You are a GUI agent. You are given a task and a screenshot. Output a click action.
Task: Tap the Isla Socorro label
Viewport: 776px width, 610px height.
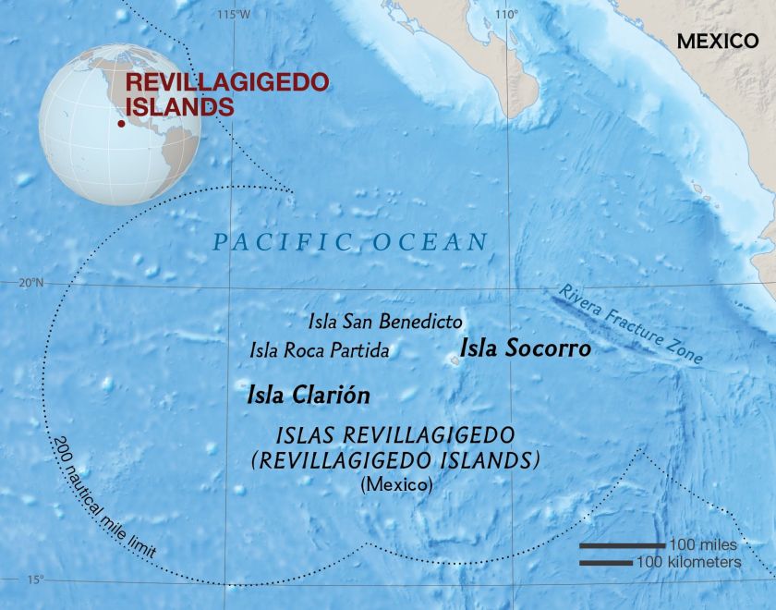525,349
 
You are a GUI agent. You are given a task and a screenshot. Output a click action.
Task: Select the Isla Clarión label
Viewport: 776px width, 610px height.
309,396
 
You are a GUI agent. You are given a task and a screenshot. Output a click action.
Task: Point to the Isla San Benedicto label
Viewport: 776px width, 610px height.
384,322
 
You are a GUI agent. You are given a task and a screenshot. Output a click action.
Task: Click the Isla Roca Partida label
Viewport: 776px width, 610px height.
319,350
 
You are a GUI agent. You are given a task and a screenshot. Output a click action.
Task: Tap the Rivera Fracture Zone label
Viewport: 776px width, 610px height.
632,324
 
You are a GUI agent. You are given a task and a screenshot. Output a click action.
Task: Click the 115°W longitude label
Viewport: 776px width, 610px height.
233,14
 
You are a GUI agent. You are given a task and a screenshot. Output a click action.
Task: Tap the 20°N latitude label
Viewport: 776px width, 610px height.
30,284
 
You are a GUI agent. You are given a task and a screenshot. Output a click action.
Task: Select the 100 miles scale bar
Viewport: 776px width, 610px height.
621,545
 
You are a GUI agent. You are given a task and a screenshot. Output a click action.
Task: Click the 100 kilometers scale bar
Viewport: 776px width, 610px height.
606,561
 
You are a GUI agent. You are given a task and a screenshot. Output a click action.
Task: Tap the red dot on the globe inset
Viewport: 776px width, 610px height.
120,123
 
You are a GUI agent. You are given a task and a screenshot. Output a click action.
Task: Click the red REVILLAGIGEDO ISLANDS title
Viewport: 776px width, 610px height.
226,93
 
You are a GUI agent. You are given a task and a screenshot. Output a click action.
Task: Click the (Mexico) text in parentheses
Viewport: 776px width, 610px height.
396,483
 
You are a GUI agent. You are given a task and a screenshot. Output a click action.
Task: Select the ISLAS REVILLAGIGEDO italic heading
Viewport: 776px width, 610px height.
395,434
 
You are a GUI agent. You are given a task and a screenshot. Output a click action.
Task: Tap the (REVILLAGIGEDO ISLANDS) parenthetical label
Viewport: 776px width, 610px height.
395,459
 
